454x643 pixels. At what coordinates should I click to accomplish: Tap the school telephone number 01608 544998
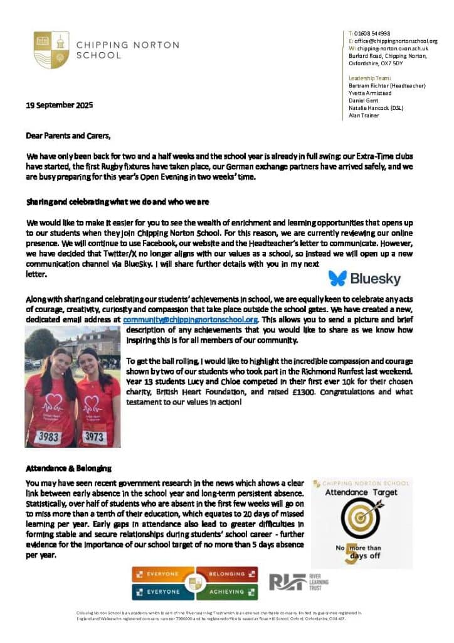[372, 33]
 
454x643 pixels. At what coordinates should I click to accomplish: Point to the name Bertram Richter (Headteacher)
[387, 85]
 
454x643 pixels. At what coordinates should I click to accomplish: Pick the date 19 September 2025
[59, 105]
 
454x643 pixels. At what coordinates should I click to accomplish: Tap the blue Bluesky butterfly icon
[337, 278]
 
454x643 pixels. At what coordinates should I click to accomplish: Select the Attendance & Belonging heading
[68, 468]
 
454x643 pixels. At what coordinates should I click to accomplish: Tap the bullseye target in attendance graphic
[361, 516]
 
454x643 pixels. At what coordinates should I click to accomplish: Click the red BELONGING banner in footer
[226, 573]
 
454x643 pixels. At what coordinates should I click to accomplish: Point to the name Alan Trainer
[364, 116]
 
